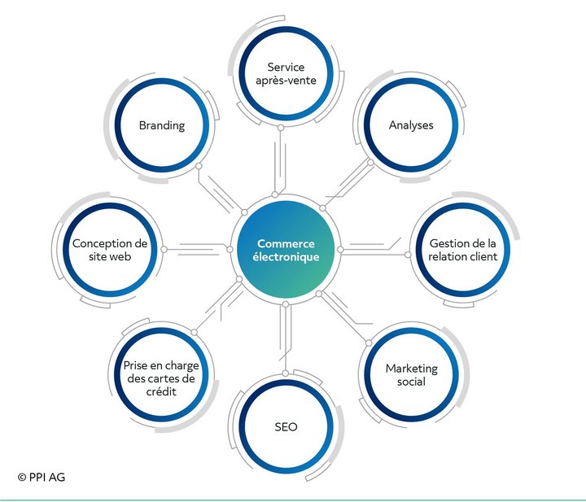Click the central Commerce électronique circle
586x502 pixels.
[286, 249]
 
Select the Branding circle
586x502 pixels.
[162, 125]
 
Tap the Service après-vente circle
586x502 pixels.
[286, 73]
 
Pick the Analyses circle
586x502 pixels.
[411, 125]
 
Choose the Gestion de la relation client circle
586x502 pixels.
[462, 250]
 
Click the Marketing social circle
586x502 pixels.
[411, 374]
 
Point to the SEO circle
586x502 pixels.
[286, 426]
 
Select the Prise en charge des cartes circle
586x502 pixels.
[161, 374]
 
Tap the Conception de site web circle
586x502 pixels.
[110, 250]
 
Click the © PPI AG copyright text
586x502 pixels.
[42, 477]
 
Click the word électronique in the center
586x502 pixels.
[286, 257]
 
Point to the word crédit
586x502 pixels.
[161, 391]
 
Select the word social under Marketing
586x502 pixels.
[411, 382]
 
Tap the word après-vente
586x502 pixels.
[286, 81]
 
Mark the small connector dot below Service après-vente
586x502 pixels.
[281, 128]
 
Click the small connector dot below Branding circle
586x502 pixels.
[199, 166]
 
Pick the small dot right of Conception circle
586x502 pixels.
[164, 249]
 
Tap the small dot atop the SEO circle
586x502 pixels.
[285, 373]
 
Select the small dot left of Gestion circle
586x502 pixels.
[408, 255]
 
